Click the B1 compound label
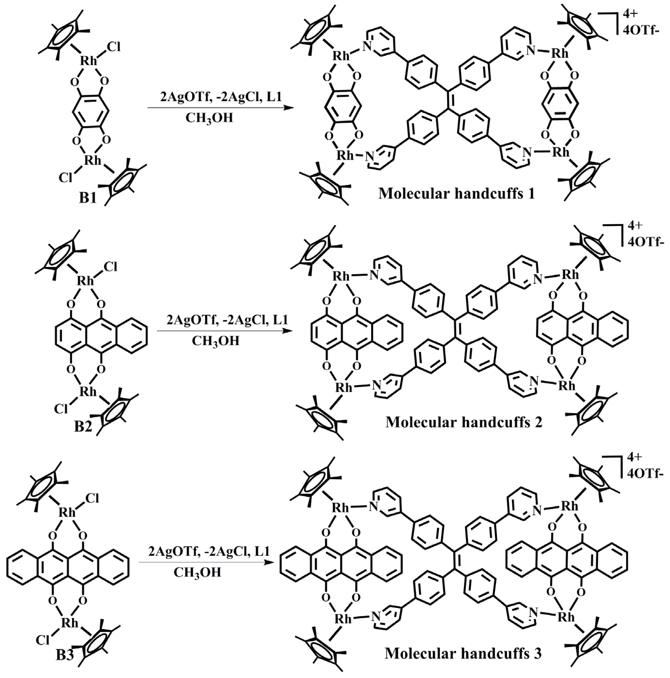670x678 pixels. tap(88, 198)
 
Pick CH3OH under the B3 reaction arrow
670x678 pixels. tap(197, 572)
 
